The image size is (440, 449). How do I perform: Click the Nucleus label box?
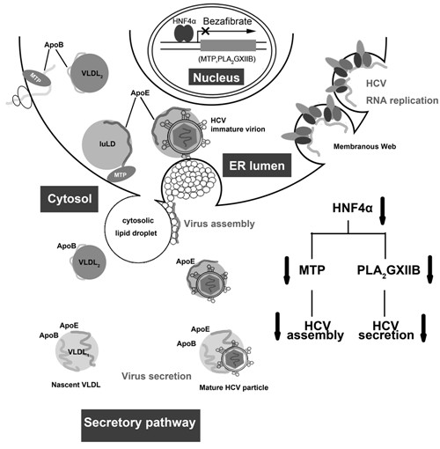click(216, 77)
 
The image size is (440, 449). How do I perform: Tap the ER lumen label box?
click(257, 166)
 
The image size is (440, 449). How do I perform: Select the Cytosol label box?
click(70, 199)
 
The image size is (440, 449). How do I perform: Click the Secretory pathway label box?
click(141, 425)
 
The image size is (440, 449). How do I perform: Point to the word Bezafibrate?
click(228, 21)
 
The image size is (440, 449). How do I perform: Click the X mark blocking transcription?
click(204, 30)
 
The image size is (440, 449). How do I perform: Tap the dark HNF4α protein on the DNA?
click(184, 33)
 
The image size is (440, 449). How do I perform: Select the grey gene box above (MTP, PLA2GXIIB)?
click(228, 46)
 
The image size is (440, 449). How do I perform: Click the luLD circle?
click(107, 144)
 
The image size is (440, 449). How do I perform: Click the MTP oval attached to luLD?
click(121, 174)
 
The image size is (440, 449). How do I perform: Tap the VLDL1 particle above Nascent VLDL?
click(77, 352)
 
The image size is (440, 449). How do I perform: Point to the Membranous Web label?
click(364, 146)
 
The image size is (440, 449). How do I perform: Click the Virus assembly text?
click(219, 224)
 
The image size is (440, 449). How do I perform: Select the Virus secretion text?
click(157, 376)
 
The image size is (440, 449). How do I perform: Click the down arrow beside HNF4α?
click(382, 210)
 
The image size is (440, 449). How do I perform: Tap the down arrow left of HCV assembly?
click(278, 327)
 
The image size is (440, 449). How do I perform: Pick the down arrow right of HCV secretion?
click(423, 328)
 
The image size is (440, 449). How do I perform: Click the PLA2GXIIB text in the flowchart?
click(388, 270)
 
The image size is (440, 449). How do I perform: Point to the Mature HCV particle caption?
click(234, 387)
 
